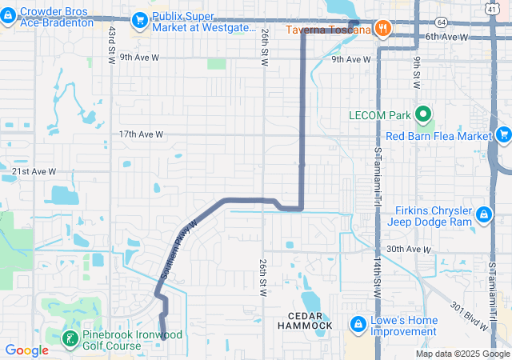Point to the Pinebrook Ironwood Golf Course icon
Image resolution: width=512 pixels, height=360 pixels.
[x=70, y=338]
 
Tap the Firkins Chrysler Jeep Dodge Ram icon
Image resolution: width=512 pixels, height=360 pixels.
[x=484, y=215]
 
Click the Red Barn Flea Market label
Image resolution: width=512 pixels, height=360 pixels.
[x=438, y=136]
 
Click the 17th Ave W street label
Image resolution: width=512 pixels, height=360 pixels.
[x=141, y=134]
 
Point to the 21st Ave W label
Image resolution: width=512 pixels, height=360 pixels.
[x=34, y=171]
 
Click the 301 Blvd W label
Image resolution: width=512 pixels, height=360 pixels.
[x=469, y=317]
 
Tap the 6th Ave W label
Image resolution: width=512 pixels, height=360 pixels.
[x=446, y=37]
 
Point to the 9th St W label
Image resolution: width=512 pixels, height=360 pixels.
[x=417, y=72]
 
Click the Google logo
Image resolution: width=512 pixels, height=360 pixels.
[x=26, y=350]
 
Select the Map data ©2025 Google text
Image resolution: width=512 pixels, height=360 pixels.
[x=462, y=354]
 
